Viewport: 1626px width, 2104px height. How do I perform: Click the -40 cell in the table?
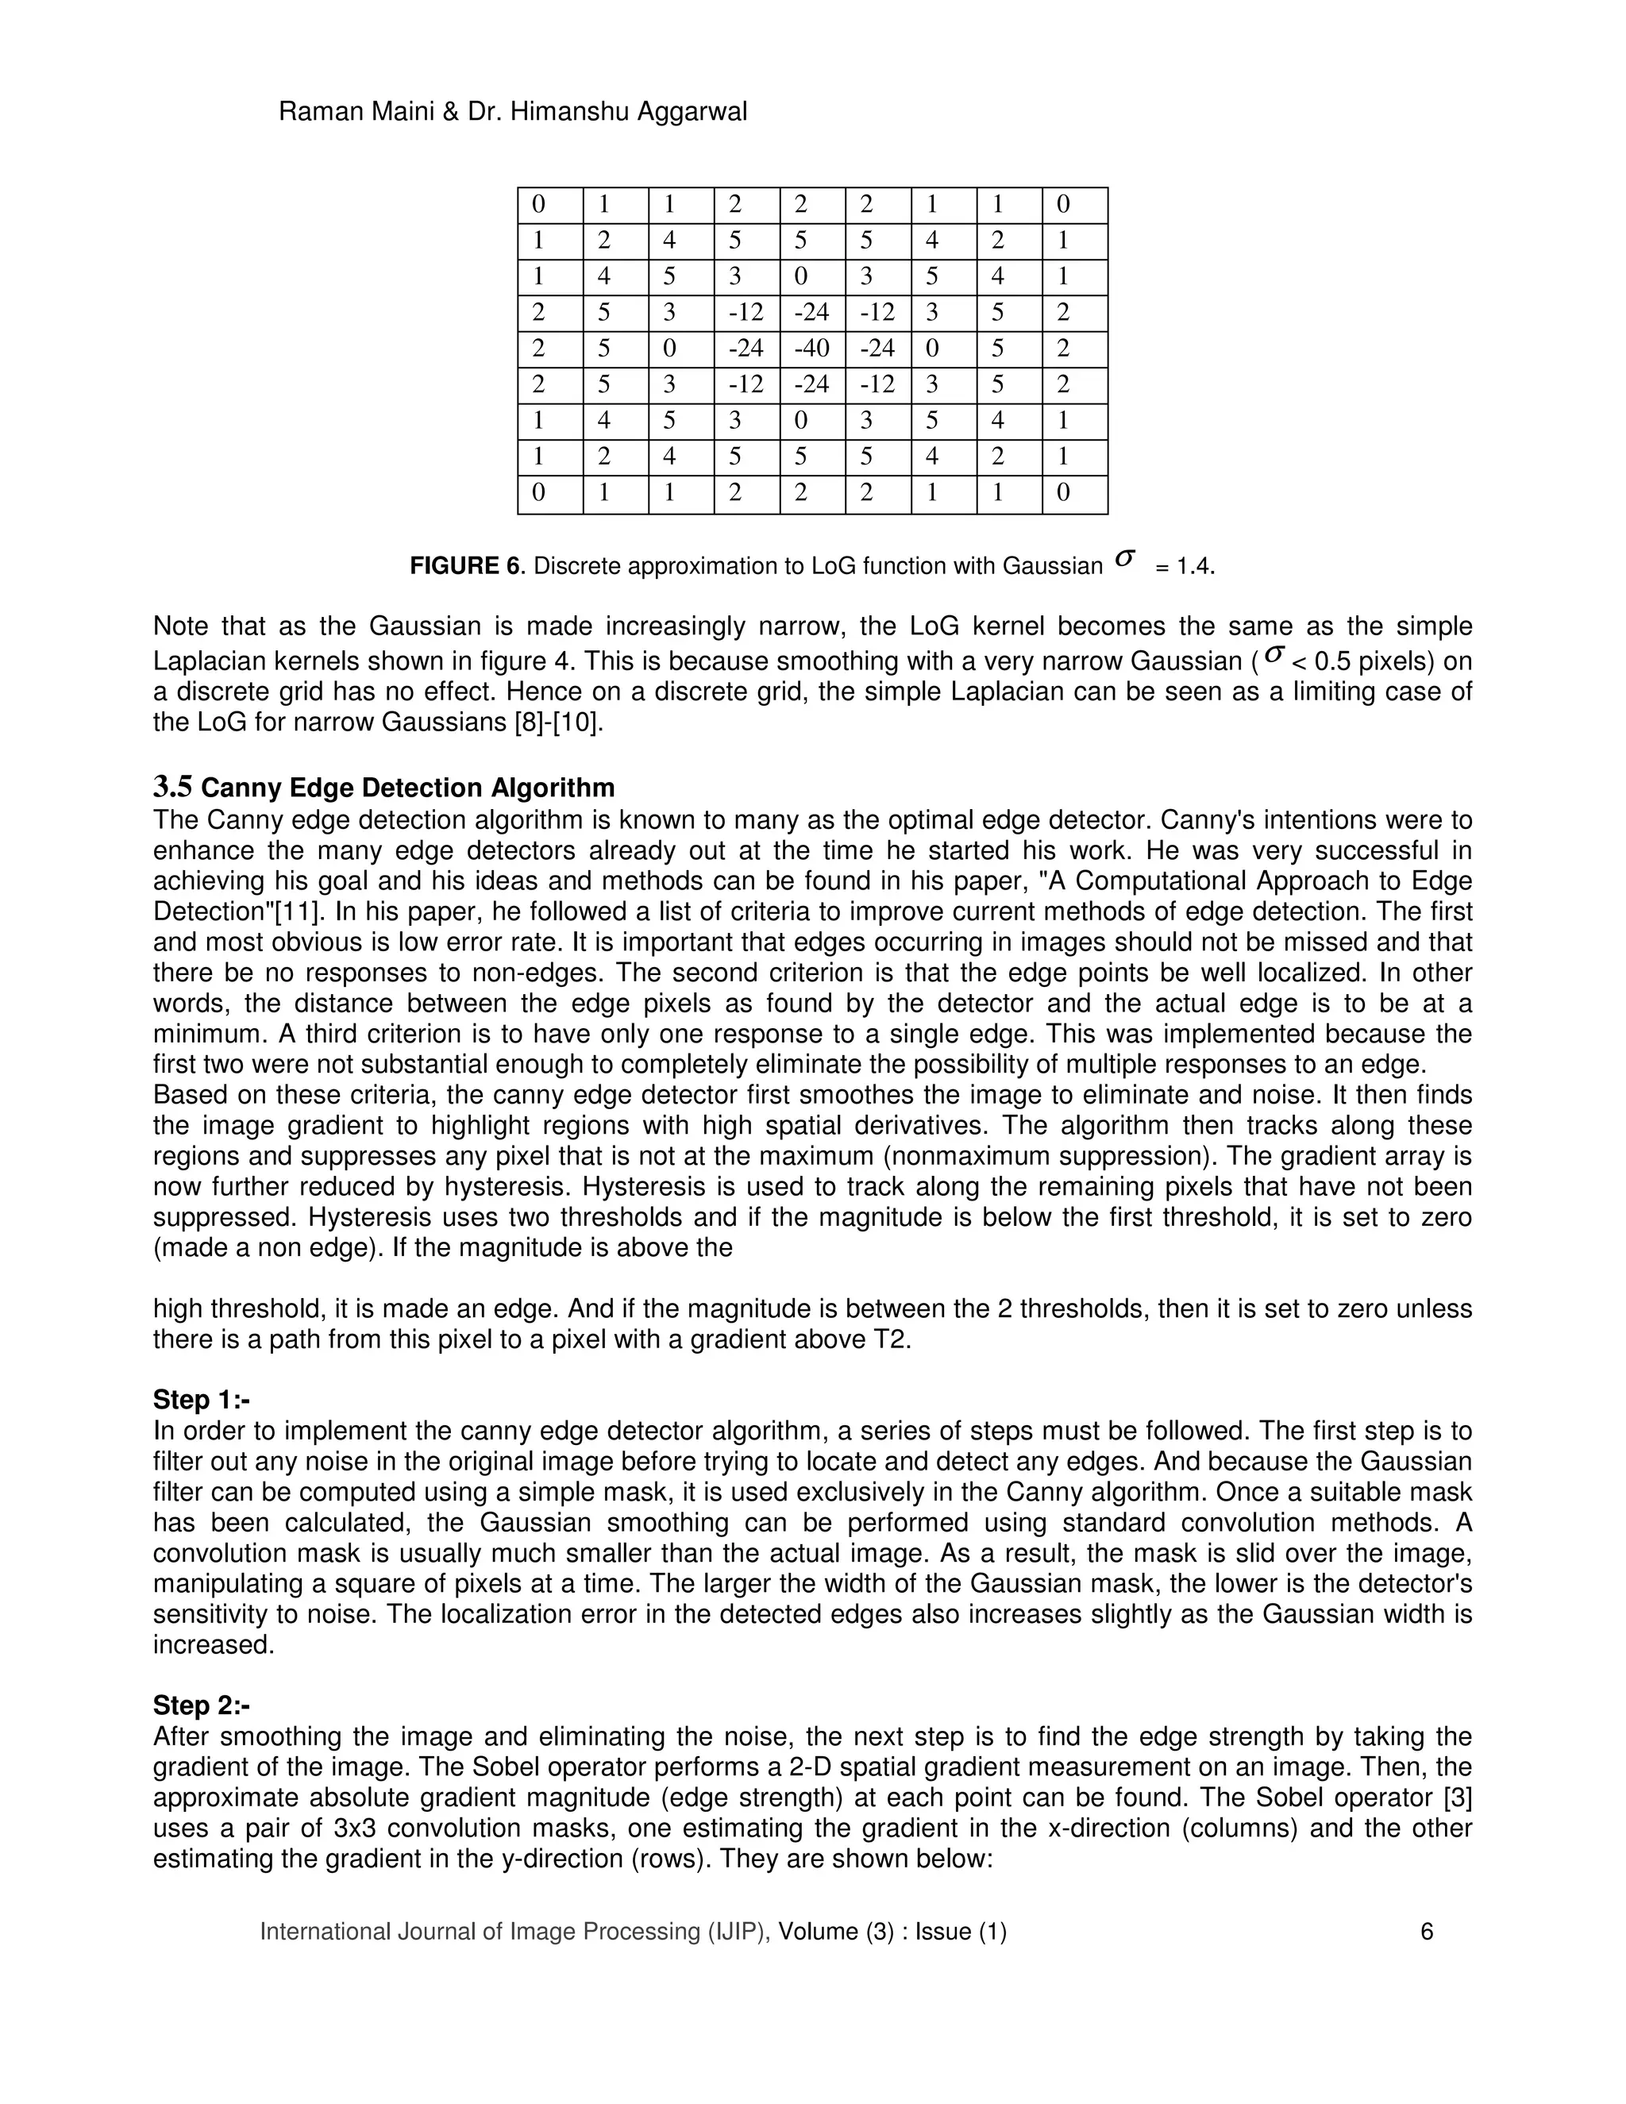pyautogui.click(x=811, y=348)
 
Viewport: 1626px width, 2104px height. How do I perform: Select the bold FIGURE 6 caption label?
pyautogui.click(x=464, y=565)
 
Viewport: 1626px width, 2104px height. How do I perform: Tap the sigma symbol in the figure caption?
pyautogui.click(x=1124, y=558)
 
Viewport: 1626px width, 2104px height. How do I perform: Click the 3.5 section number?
pyautogui.click(x=172, y=787)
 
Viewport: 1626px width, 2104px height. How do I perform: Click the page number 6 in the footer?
pyautogui.click(x=1427, y=1931)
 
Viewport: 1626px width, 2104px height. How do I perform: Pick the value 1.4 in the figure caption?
pyautogui.click(x=1193, y=566)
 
